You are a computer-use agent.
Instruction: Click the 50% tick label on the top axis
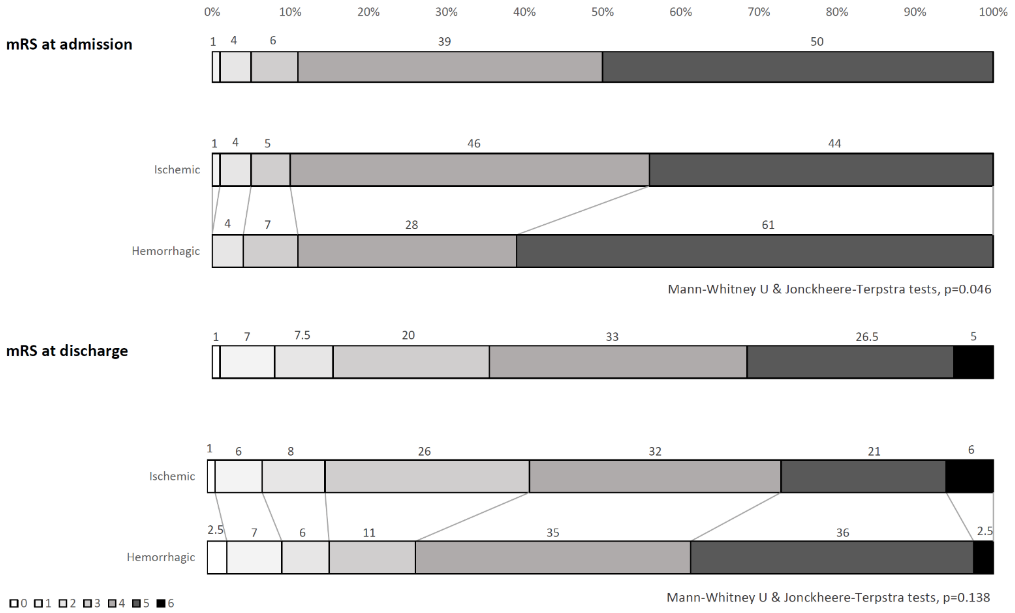(x=602, y=12)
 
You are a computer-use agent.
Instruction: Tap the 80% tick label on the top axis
(x=837, y=12)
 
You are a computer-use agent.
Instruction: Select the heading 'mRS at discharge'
(x=67, y=351)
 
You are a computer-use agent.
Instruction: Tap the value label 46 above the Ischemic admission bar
(x=474, y=144)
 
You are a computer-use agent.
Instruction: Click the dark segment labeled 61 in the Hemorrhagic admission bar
(x=755, y=251)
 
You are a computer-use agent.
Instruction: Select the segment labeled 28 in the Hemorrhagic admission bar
(x=407, y=251)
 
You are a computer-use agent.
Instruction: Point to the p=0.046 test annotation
(x=829, y=289)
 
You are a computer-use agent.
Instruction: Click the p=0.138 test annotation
(x=828, y=597)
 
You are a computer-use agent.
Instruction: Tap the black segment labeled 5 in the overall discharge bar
(x=973, y=362)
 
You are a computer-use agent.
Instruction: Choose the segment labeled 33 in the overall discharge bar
(x=618, y=362)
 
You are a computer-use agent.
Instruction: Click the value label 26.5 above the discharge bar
(x=867, y=337)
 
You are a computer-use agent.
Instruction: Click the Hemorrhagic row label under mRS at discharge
(x=161, y=557)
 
